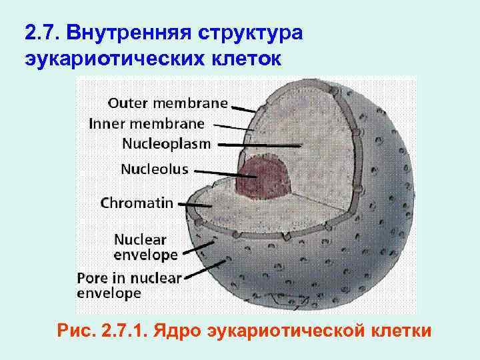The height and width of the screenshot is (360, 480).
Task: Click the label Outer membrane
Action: coord(167,103)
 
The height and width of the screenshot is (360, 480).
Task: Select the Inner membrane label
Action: coord(147,123)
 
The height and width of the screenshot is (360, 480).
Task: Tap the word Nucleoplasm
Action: coord(166,143)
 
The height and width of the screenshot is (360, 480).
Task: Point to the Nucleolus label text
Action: coord(154,169)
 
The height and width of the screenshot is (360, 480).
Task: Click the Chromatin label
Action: coord(137,203)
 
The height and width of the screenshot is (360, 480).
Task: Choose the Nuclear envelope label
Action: coord(146,247)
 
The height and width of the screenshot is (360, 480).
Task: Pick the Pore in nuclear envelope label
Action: coord(129,285)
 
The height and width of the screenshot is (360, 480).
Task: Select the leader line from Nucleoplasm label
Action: coord(260,145)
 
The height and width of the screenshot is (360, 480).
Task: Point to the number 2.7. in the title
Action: coord(42,32)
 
